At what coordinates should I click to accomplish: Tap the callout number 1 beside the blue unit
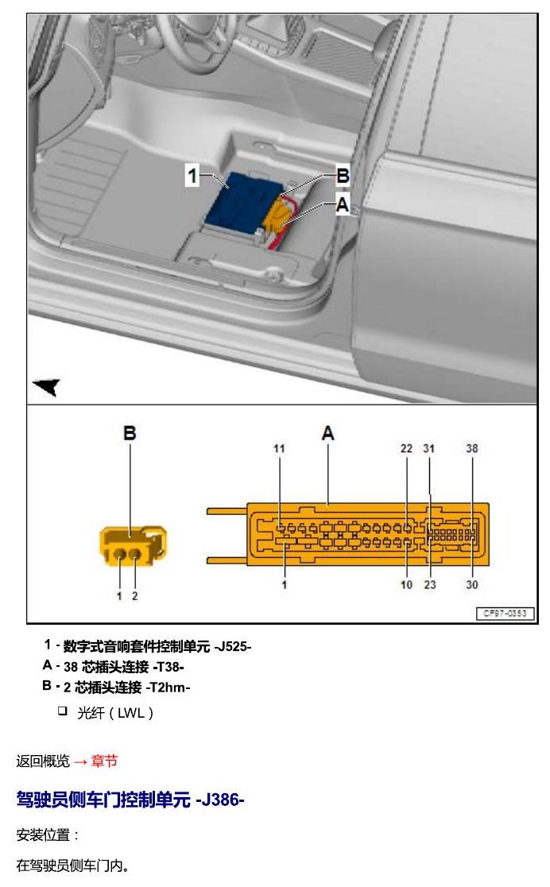(x=192, y=176)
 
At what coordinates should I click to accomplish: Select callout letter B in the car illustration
(x=343, y=176)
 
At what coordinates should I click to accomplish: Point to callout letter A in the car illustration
(x=343, y=204)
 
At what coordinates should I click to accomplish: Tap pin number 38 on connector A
(x=472, y=448)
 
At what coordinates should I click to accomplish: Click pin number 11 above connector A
(x=279, y=448)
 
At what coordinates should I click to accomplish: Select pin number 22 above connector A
(x=406, y=448)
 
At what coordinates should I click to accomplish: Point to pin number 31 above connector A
(x=429, y=448)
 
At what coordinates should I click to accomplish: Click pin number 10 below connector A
(x=407, y=585)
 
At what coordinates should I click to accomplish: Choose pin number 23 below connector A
(x=430, y=585)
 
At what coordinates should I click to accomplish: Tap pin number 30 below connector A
(x=472, y=585)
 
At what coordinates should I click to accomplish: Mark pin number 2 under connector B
(x=134, y=595)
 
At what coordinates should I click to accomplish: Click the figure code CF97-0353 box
(x=505, y=614)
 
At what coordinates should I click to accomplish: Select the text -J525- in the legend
(x=232, y=647)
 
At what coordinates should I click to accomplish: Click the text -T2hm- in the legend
(x=168, y=688)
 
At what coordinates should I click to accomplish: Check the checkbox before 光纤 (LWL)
(x=62, y=711)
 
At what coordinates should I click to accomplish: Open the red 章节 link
(x=104, y=761)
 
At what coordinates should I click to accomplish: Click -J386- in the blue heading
(x=220, y=800)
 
